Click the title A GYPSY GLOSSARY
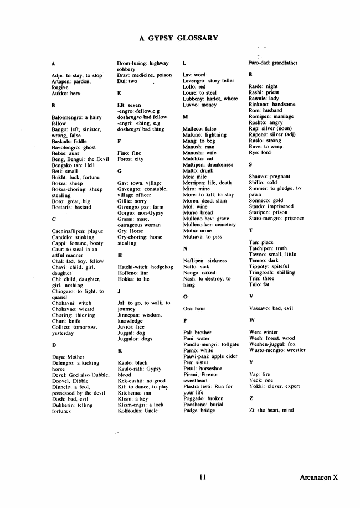(178, 38)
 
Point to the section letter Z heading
(251, 398)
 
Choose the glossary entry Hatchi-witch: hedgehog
(145, 267)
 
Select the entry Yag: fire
(259, 374)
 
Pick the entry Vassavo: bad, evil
(271, 308)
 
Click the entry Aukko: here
(65, 93)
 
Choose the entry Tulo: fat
(259, 284)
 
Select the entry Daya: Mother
(68, 356)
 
